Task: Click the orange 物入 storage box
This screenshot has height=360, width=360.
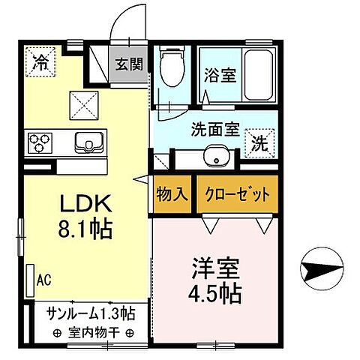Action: (x=172, y=193)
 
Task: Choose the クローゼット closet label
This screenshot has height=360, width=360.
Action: (x=236, y=193)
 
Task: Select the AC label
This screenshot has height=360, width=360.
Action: (x=44, y=281)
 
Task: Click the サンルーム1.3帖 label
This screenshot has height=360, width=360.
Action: (x=91, y=313)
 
